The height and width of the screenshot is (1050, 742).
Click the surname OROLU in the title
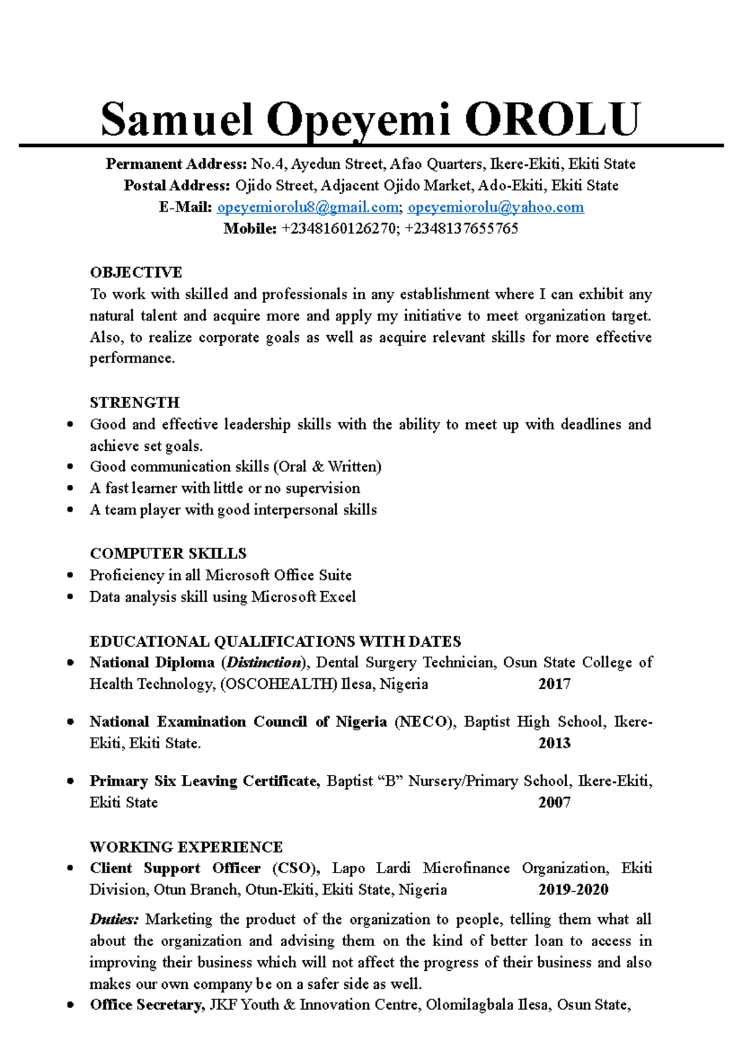click(x=552, y=119)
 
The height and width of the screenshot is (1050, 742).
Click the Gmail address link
click(x=308, y=207)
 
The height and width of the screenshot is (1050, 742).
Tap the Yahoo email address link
click(x=495, y=207)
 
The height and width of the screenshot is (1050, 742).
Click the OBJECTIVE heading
click(x=135, y=273)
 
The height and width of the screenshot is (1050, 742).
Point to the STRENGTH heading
click(x=134, y=403)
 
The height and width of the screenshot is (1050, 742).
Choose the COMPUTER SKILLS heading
click(x=168, y=553)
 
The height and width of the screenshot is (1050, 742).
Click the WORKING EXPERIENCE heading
click(x=185, y=847)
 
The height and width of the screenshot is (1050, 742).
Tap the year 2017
click(x=554, y=684)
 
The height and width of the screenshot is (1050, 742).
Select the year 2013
click(x=554, y=743)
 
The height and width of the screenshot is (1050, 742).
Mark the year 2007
click(x=554, y=803)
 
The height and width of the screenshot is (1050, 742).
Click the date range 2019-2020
click(x=573, y=890)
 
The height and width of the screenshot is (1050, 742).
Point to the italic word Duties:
click(x=114, y=920)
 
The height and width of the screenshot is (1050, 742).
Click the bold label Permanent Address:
click(x=176, y=164)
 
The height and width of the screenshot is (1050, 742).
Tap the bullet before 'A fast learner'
click(x=70, y=489)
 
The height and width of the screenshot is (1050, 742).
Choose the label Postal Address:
click(x=177, y=186)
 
